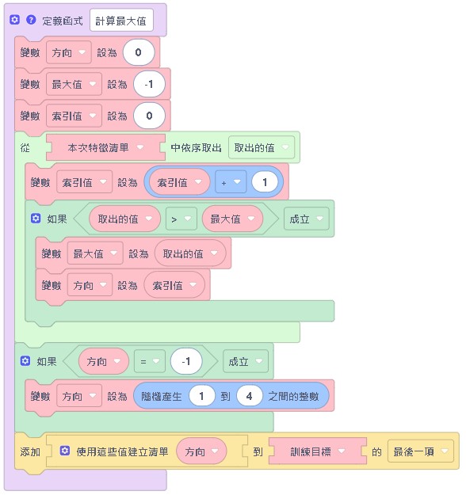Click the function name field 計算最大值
(x=127, y=20)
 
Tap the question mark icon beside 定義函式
(x=31, y=19)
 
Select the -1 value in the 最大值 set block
(x=150, y=84)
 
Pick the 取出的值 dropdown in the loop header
(x=262, y=147)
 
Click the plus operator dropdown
(x=230, y=182)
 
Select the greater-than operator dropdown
(x=181, y=219)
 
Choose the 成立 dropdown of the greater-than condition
(x=306, y=219)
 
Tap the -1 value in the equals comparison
(x=186, y=362)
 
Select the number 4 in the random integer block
(x=249, y=395)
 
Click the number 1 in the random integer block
(x=204, y=395)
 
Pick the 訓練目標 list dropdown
(x=317, y=451)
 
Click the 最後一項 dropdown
(x=421, y=451)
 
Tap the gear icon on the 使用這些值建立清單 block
(x=65, y=451)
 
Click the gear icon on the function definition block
(x=15, y=19)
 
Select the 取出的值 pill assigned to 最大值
(x=189, y=253)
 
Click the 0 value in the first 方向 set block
(x=139, y=52)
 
